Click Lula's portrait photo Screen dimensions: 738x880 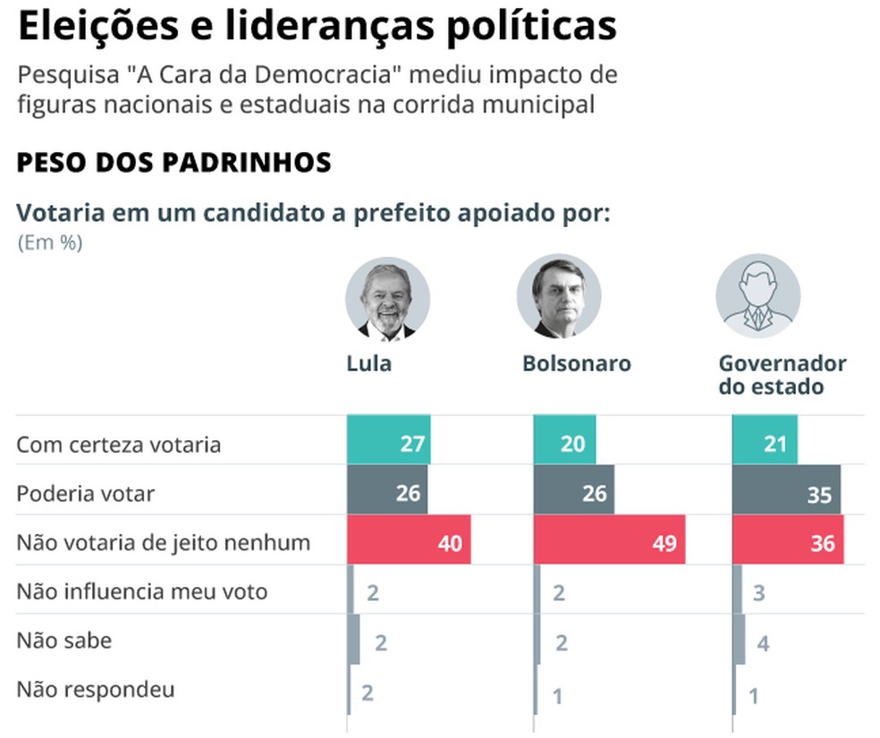coord(388,299)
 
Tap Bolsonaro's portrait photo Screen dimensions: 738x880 coord(559,296)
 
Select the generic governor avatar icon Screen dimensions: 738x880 coord(757,296)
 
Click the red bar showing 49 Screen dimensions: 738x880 coord(609,540)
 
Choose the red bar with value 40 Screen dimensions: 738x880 coord(408,540)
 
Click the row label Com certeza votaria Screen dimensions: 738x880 coord(118,445)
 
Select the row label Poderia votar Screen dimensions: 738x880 coord(85,494)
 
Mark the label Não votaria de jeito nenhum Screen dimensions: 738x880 coord(163,542)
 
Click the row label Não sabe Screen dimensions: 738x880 coord(63,640)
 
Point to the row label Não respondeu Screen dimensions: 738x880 coord(96,690)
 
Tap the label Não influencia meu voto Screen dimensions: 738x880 coord(141,591)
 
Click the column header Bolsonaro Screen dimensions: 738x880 coord(576,364)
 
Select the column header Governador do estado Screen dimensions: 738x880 coord(782,376)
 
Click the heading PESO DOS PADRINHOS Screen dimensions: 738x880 coord(174,163)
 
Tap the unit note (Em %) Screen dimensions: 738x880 coord(50,243)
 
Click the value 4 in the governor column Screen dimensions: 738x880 coord(763,643)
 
